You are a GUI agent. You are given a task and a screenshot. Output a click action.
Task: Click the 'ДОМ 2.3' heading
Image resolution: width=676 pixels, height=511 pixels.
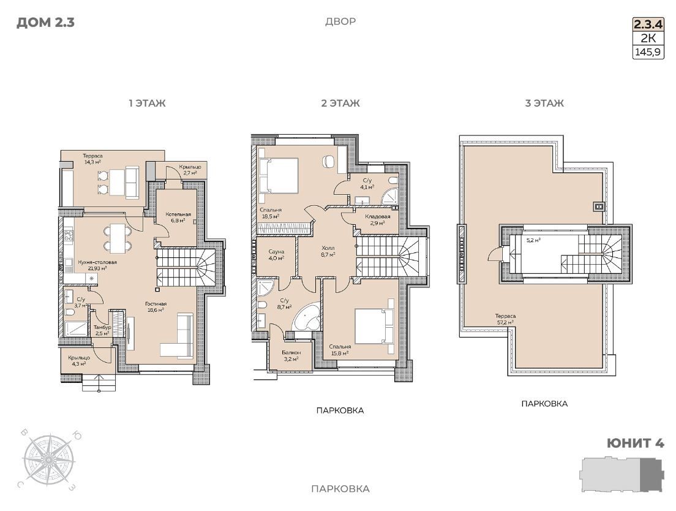(x=45, y=23)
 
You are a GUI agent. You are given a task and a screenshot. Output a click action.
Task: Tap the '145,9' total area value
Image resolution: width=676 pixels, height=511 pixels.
(x=648, y=53)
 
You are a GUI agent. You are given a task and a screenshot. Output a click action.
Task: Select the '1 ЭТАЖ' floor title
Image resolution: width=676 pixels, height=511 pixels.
(x=147, y=104)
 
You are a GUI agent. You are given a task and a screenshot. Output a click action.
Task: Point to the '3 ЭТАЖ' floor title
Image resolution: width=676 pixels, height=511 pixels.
(x=544, y=104)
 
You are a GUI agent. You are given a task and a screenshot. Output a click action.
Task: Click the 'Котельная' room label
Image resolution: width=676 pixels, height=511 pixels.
(x=178, y=214)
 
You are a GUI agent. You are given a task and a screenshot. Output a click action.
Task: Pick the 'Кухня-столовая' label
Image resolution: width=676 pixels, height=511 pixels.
(x=97, y=262)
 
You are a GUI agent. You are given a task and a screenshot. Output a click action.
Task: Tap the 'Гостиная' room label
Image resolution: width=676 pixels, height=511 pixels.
(x=156, y=304)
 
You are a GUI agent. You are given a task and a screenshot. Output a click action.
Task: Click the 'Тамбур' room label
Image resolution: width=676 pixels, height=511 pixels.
(x=102, y=327)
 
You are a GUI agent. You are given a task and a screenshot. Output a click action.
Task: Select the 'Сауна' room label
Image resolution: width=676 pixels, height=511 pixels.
(x=276, y=252)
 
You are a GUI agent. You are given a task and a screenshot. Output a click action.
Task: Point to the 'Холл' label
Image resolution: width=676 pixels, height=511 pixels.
(x=328, y=248)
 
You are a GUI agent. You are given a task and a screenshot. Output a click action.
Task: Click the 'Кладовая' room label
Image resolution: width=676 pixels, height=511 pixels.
(x=378, y=216)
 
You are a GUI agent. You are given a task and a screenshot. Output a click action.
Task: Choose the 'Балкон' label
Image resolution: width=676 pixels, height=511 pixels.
(x=291, y=353)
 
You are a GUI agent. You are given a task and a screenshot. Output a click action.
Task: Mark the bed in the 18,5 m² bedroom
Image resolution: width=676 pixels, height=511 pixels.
(x=277, y=175)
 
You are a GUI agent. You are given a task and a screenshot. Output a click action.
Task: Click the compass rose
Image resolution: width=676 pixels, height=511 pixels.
(x=49, y=460)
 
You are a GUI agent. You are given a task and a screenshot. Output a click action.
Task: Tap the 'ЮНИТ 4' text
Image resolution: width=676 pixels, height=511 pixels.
(x=635, y=443)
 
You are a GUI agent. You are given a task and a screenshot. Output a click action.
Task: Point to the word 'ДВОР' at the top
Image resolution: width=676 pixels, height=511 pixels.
(x=340, y=21)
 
